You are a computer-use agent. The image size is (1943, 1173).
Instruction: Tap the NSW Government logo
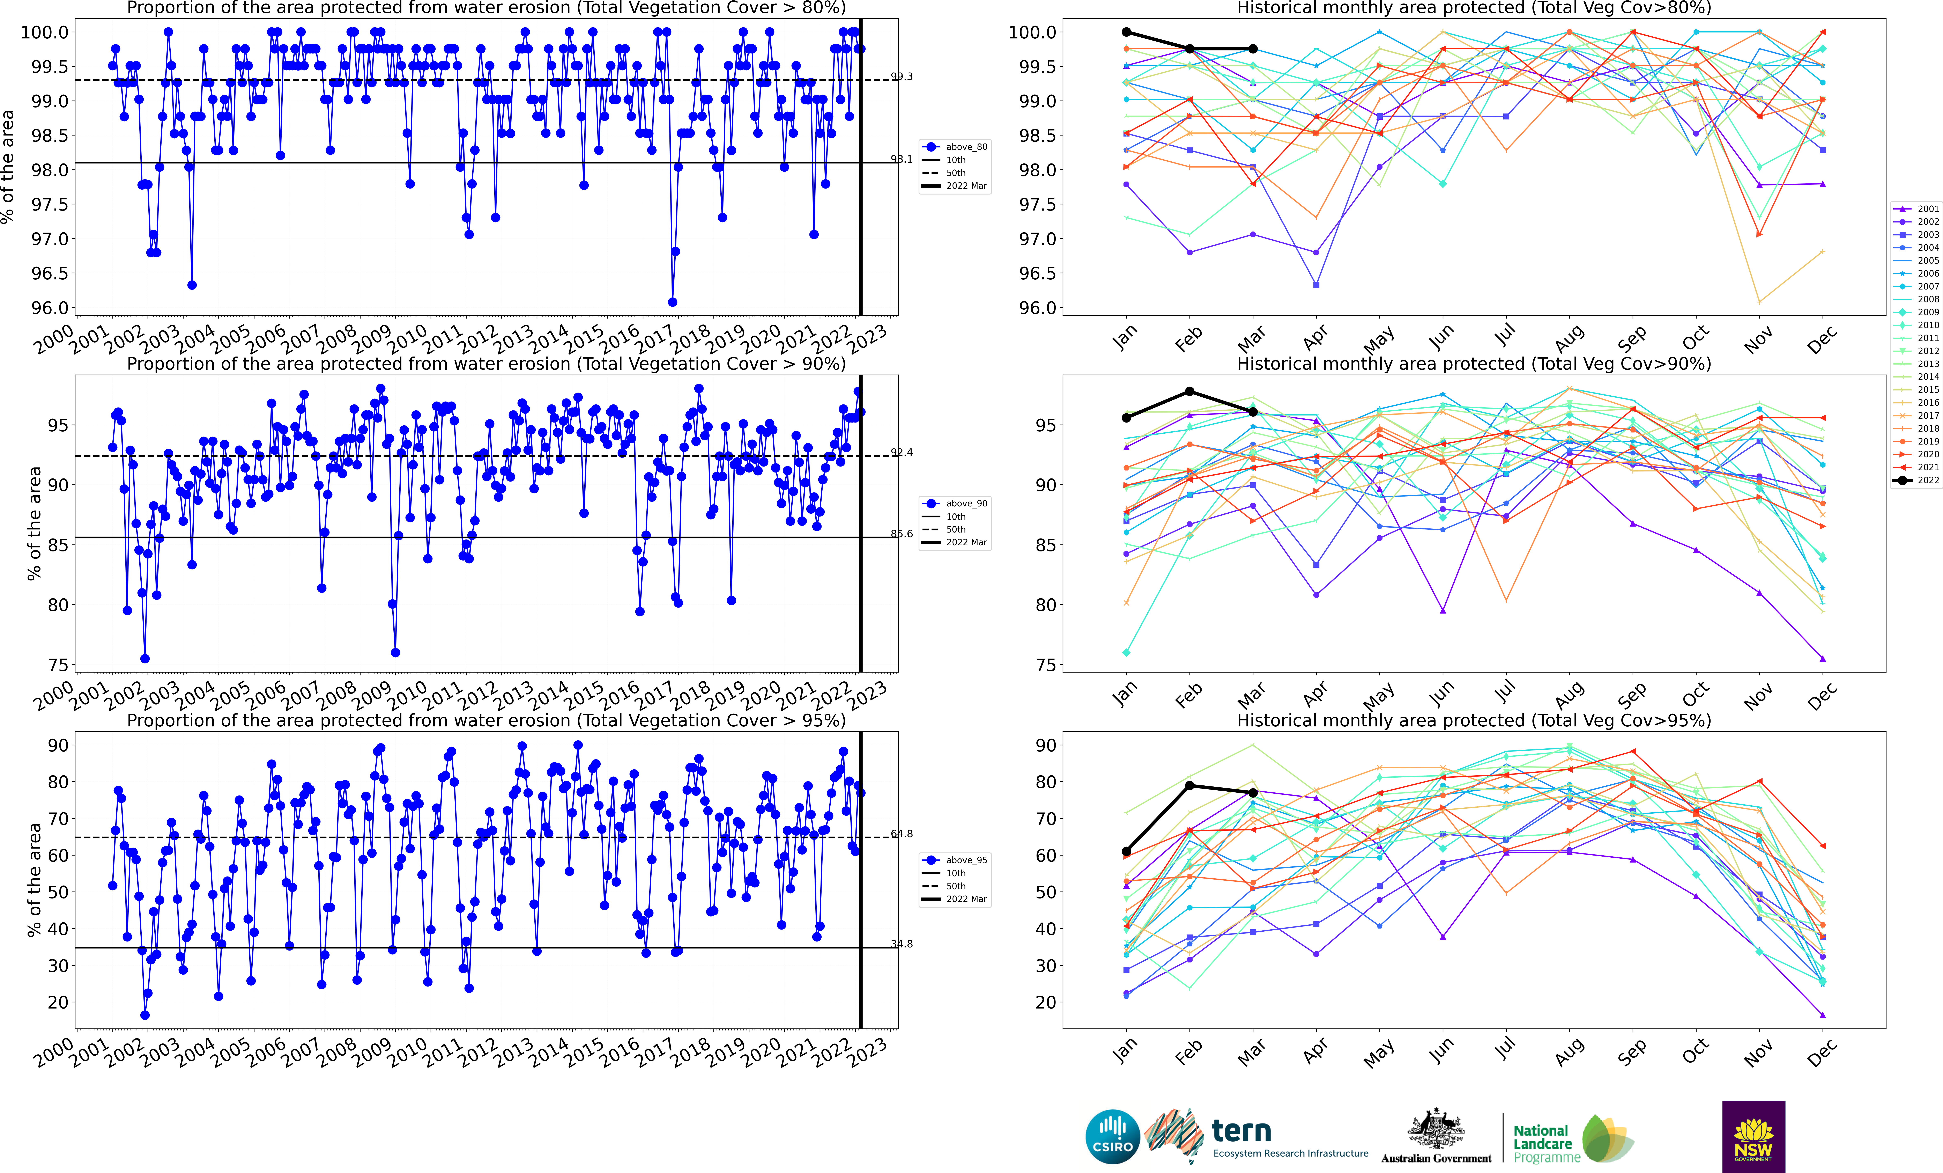click(1753, 1137)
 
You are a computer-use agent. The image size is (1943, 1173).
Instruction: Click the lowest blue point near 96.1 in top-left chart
click(672, 302)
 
